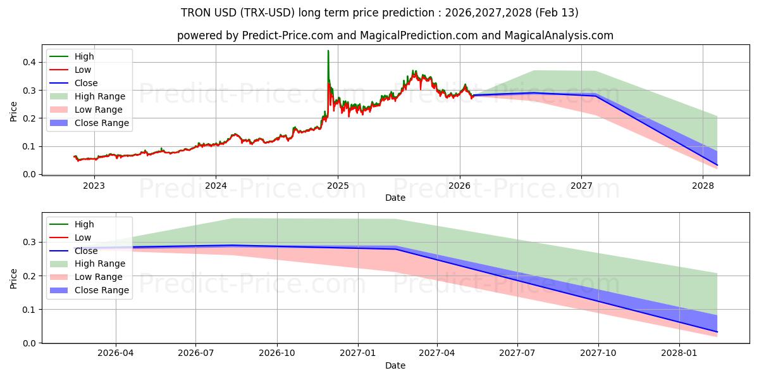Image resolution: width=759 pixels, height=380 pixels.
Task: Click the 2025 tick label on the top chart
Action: pyautogui.click(x=338, y=186)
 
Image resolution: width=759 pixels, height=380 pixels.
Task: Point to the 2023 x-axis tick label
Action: pyautogui.click(x=94, y=186)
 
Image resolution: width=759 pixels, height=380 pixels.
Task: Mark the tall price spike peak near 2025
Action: pyautogui.click(x=328, y=51)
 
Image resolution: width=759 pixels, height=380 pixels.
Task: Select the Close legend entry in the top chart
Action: pyautogui.click(x=86, y=83)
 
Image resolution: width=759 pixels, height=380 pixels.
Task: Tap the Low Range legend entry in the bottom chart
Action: pyautogui.click(x=98, y=277)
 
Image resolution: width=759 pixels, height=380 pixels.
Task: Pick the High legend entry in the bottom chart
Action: pyautogui.click(x=84, y=224)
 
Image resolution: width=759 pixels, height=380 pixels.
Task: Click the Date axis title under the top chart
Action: pyautogui.click(x=395, y=198)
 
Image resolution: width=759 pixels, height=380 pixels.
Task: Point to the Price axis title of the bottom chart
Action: pyautogui.click(x=14, y=278)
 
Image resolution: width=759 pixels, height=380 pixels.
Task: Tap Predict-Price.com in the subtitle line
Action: pyautogui.click(x=285, y=35)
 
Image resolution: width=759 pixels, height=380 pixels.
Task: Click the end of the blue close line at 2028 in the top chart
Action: pyautogui.click(x=717, y=165)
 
